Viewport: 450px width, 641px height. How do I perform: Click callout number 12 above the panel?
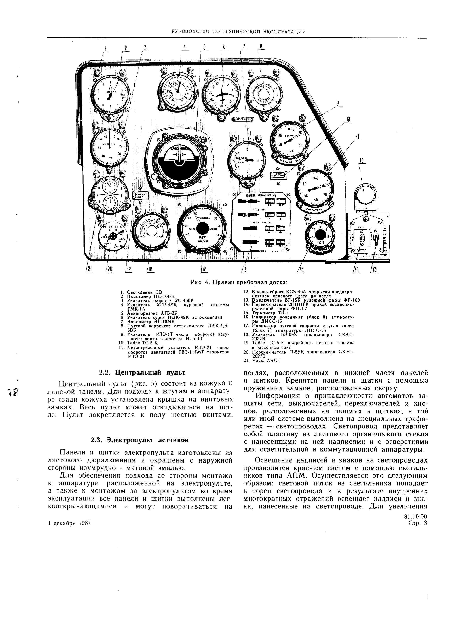pos(362,161)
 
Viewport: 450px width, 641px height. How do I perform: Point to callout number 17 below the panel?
pos(204,269)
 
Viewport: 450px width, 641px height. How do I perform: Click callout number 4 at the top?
pos(184,48)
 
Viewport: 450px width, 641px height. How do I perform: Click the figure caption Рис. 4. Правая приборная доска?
pos(239,282)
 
